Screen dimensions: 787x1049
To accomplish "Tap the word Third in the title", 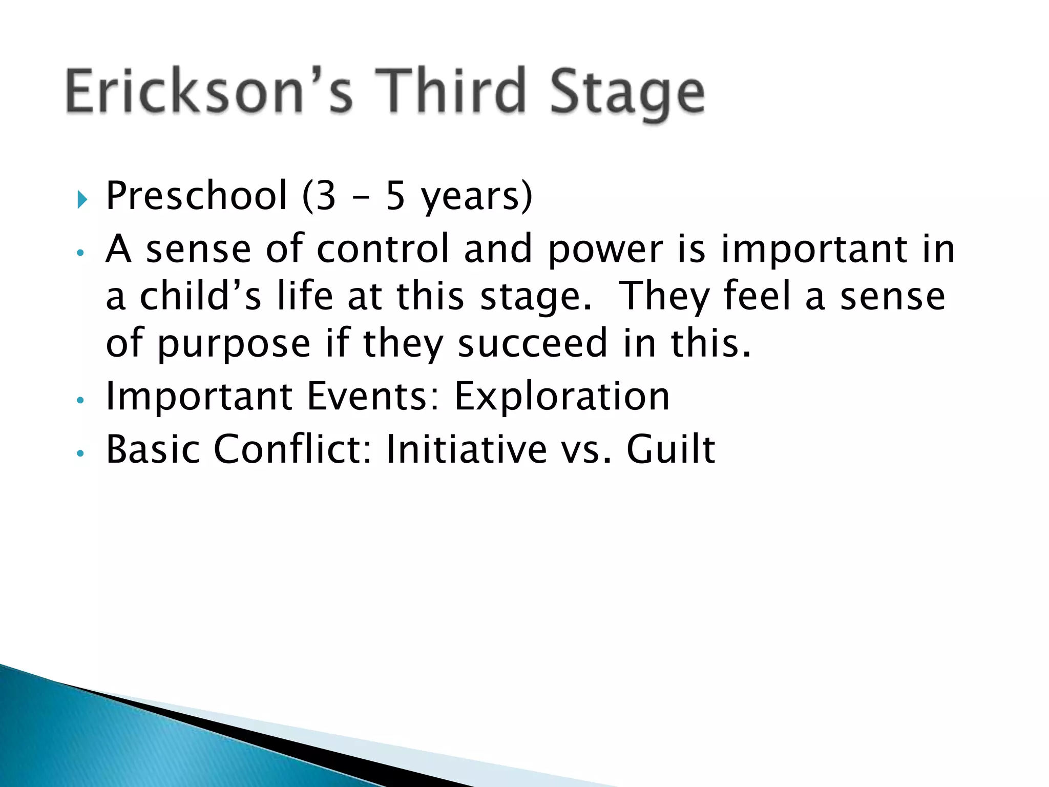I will pyautogui.click(x=451, y=91).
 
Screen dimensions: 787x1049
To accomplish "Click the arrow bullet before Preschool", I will pyautogui.click(x=82, y=198).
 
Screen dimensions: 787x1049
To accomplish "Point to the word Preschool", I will pyautogui.click(x=196, y=196).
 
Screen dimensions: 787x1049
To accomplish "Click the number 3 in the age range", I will pyautogui.click(x=326, y=196).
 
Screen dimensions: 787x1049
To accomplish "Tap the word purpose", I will pyautogui.click(x=233, y=345).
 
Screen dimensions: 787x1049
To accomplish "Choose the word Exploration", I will pyautogui.click(x=561, y=397).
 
